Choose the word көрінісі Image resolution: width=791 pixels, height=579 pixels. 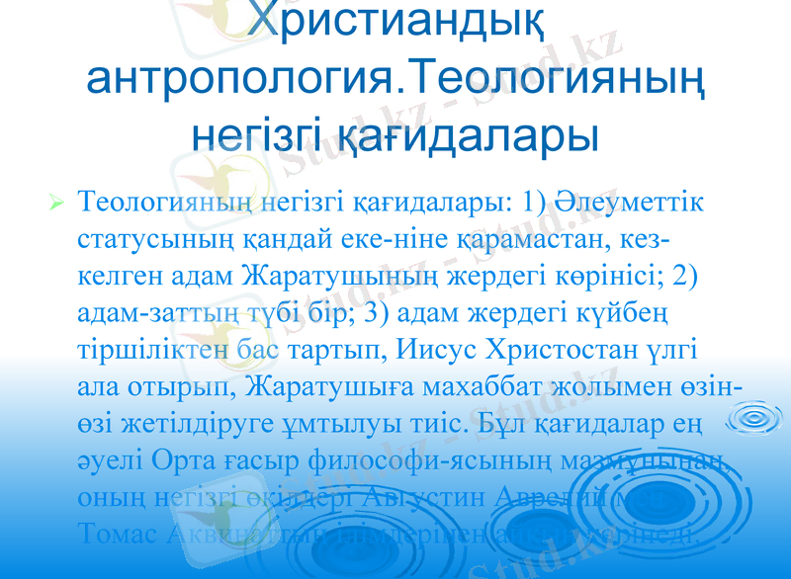606,277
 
